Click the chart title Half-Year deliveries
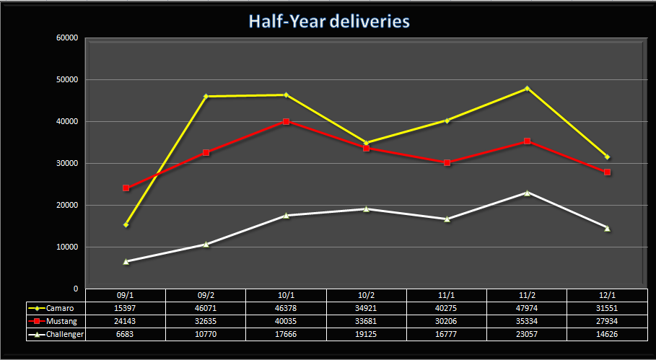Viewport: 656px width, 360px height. pos(329,21)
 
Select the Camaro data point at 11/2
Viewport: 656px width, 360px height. pos(527,88)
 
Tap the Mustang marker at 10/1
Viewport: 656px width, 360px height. pos(287,121)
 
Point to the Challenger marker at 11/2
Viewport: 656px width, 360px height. pos(527,193)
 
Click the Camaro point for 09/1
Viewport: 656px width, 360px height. pos(126,224)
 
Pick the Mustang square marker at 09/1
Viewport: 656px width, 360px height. pos(126,188)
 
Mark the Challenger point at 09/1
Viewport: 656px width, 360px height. pos(126,261)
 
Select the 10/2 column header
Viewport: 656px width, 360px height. pos(367,294)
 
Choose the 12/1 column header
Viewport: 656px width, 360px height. pos(607,294)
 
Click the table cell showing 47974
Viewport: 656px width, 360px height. pos(527,308)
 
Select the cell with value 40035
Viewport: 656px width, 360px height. pos(287,321)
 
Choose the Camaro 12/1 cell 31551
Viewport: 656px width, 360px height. pos(607,308)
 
